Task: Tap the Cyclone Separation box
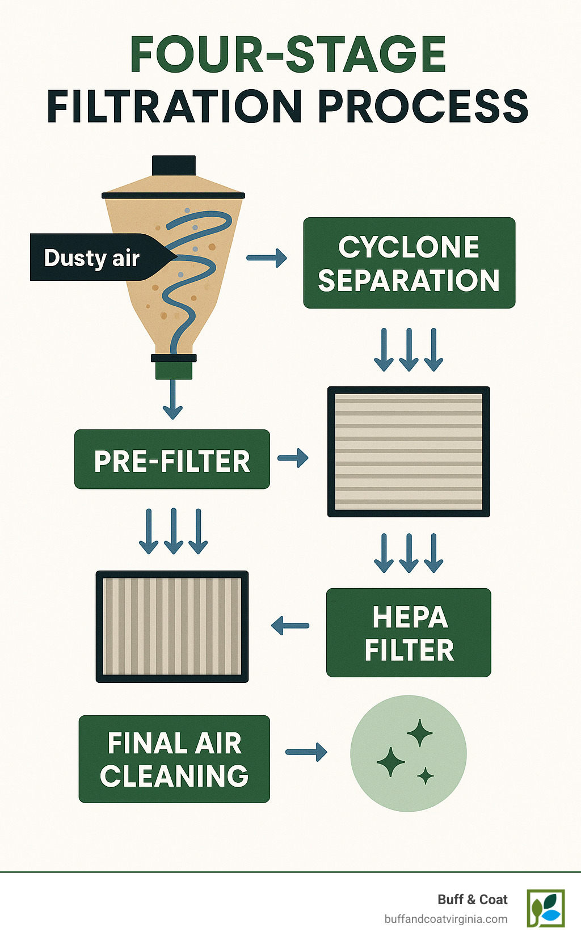coord(409,263)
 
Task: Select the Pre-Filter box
coord(172,460)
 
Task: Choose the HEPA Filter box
coord(409,632)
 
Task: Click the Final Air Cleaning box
coord(174,759)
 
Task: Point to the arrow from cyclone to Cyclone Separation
coord(267,258)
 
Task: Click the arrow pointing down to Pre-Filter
coord(172,400)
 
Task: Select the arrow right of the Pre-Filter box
coord(293,458)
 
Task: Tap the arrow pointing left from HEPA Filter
coord(290,626)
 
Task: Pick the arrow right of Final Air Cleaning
coord(306,752)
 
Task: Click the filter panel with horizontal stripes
coord(409,452)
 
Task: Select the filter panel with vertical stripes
coord(172,626)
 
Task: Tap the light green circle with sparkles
coord(409,753)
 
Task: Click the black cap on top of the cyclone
coord(174,166)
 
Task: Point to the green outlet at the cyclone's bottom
coord(174,370)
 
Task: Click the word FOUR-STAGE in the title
coord(288,55)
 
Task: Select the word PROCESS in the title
coord(423,107)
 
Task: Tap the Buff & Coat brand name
coord(472,900)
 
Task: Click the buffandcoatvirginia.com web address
coord(446,919)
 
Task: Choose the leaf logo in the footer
coord(546,908)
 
